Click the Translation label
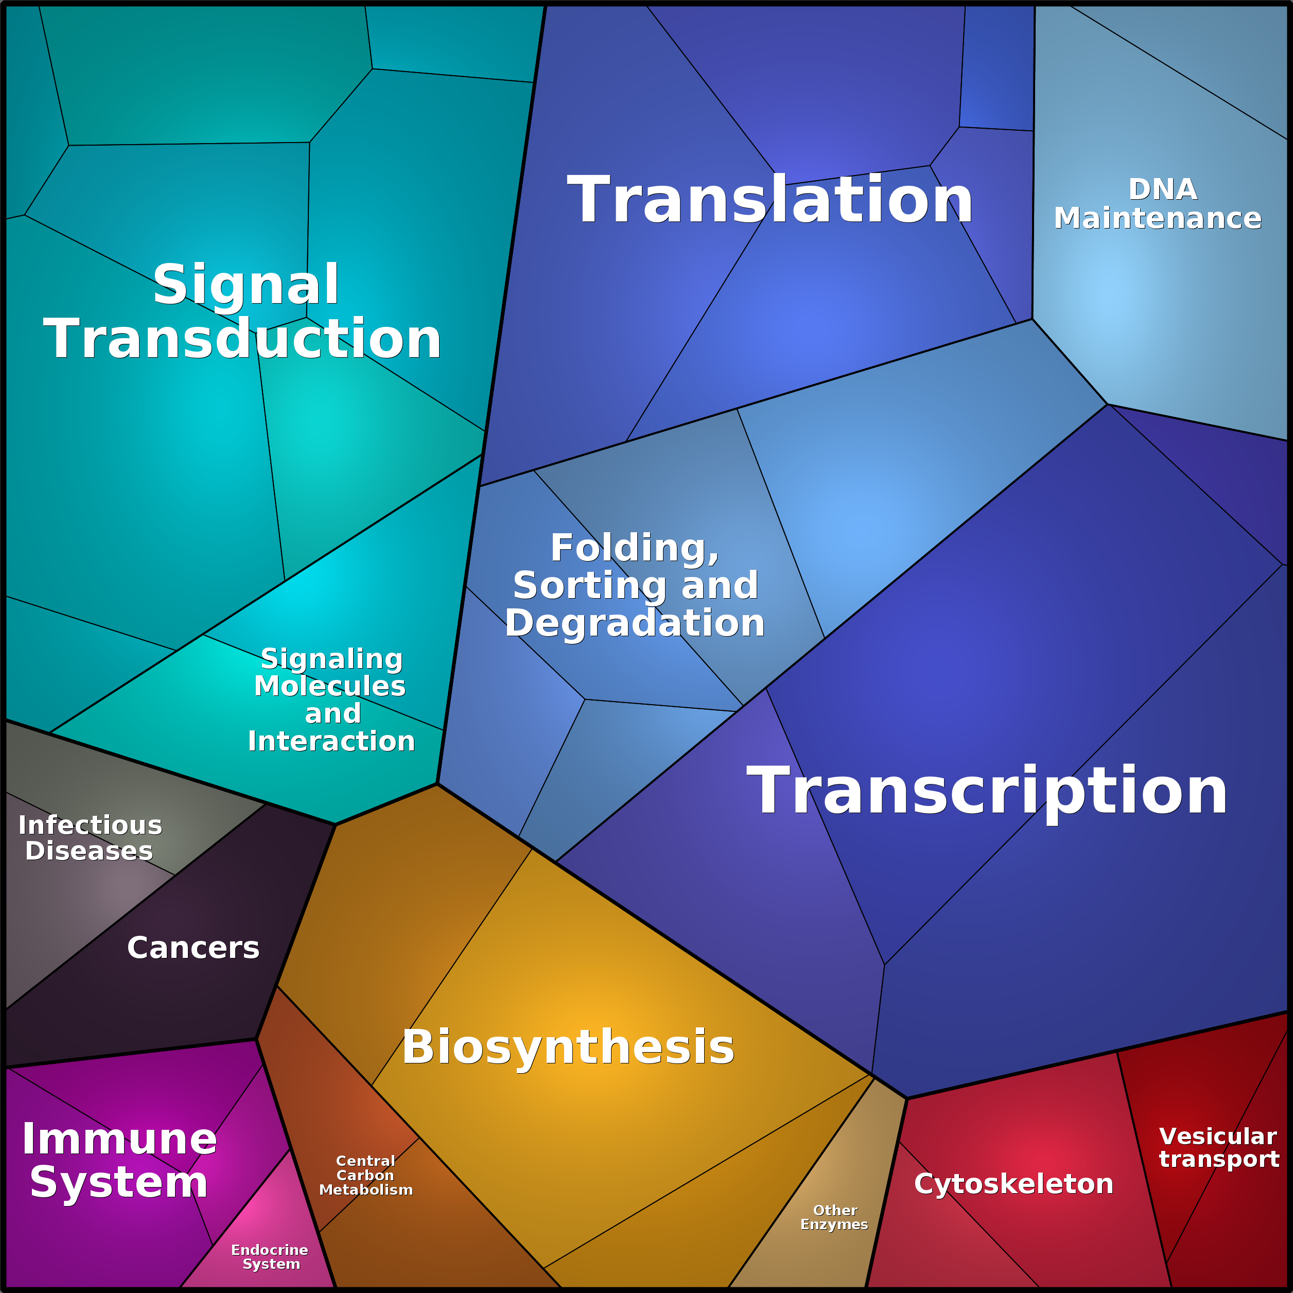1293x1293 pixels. (770, 199)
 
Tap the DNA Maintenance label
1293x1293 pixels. (1158, 204)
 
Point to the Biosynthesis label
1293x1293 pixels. (568, 1047)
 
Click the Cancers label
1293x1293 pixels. (194, 948)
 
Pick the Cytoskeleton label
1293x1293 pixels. (1014, 1184)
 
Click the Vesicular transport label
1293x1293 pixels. (1219, 1148)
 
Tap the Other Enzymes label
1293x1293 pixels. (834, 1217)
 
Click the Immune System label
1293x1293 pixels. (120, 1161)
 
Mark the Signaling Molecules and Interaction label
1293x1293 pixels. (332, 700)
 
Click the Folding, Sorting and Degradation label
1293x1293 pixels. (635, 586)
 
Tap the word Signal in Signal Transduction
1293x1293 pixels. (246, 285)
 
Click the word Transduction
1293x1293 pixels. (242, 339)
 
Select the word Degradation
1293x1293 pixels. (635, 624)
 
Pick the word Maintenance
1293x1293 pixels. (1158, 218)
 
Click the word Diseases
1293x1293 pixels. (89, 851)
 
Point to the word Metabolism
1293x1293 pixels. (366, 1191)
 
